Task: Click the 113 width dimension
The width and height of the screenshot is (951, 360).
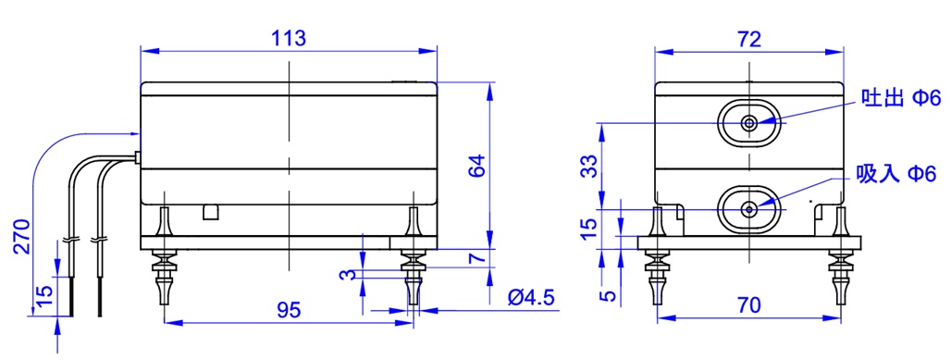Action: [x=288, y=38]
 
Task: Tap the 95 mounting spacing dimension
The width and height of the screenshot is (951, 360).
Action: [x=288, y=310]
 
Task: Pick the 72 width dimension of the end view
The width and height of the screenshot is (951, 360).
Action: [x=749, y=40]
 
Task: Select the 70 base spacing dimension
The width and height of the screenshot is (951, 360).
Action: [x=749, y=305]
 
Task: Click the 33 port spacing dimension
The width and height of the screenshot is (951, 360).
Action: [x=587, y=167]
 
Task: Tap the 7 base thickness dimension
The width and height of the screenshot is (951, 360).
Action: [x=478, y=256]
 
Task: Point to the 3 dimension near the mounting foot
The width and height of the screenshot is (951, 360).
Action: [x=346, y=275]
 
